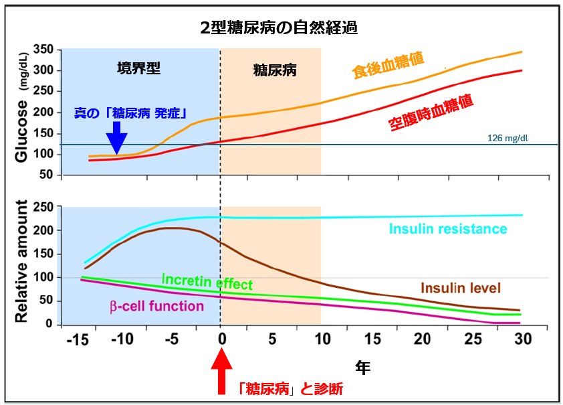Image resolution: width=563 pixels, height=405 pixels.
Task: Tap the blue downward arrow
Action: [117, 139]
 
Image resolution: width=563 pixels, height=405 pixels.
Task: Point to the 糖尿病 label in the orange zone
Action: [275, 69]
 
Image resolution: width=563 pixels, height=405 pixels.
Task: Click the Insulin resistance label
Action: [448, 230]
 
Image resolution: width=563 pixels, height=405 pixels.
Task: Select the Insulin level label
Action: [461, 288]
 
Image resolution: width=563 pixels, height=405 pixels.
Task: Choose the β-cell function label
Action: [156, 307]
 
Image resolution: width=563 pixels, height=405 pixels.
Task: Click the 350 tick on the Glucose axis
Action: [43, 50]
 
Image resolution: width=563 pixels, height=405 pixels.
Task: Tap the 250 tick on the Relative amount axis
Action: [43, 208]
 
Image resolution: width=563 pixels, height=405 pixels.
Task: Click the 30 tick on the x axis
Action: [522, 339]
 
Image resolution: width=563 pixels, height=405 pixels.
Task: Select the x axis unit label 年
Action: [362, 367]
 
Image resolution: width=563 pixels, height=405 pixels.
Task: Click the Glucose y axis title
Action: [22, 131]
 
